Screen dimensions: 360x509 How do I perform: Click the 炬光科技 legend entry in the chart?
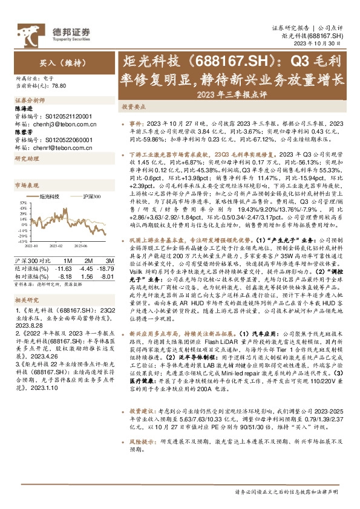point(48,196)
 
